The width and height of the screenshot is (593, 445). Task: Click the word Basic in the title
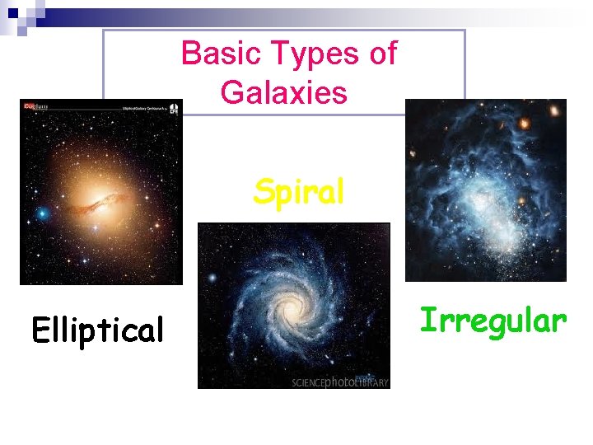(x=212, y=54)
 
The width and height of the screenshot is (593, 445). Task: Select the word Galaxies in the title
(x=284, y=92)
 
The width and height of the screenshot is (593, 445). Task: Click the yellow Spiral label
(x=298, y=191)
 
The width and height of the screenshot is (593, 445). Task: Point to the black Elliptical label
(x=98, y=330)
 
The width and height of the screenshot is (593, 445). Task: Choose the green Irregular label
(x=493, y=320)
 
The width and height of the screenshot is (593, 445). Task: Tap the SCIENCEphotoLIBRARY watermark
(x=339, y=382)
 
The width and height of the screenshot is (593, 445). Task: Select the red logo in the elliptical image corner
(x=35, y=105)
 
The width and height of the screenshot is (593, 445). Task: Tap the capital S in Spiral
(x=264, y=191)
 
